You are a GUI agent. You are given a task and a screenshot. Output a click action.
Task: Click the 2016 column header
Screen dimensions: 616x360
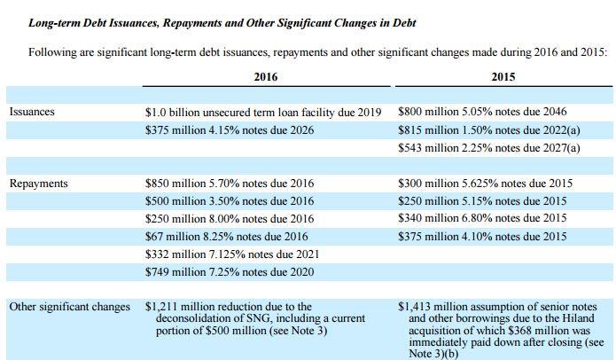coord(266,76)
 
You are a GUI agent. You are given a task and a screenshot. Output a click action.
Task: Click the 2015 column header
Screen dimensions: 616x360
coord(503,76)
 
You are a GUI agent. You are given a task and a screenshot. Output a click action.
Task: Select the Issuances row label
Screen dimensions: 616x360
coord(32,112)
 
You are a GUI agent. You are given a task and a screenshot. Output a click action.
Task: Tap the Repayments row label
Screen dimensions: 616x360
coord(38,184)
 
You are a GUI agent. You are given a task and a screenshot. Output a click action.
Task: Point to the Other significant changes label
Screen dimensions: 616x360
coord(69,307)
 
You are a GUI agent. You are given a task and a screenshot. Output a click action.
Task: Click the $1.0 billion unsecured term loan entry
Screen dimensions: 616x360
coord(263,113)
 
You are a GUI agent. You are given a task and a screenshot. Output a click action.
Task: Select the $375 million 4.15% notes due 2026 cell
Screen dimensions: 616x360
coord(230,130)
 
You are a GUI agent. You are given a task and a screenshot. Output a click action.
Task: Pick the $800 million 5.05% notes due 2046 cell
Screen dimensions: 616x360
coord(482,112)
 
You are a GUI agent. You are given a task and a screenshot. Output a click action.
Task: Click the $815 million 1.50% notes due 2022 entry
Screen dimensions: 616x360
coord(488,130)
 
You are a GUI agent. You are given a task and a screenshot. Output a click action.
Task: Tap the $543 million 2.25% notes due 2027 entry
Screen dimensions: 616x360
coord(488,148)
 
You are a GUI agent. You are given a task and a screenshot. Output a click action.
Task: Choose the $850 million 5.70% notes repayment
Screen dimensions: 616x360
coord(230,184)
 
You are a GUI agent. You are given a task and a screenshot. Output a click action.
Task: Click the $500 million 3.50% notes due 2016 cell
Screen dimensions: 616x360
coord(230,201)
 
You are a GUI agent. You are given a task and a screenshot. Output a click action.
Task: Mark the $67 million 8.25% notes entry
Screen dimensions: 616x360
coord(226,237)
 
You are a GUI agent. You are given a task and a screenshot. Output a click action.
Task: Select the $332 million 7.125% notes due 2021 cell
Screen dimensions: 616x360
coord(232,254)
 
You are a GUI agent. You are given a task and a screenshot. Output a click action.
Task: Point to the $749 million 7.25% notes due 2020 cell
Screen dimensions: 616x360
coord(230,272)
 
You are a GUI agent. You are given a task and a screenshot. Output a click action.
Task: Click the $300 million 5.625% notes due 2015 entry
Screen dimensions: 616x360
coord(485,184)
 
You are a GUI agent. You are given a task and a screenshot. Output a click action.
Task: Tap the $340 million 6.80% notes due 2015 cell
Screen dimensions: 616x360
coord(482,218)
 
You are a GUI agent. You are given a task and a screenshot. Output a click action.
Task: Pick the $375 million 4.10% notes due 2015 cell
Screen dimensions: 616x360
coord(482,237)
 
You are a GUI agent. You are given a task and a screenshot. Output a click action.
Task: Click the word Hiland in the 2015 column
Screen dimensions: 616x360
coord(577,318)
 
